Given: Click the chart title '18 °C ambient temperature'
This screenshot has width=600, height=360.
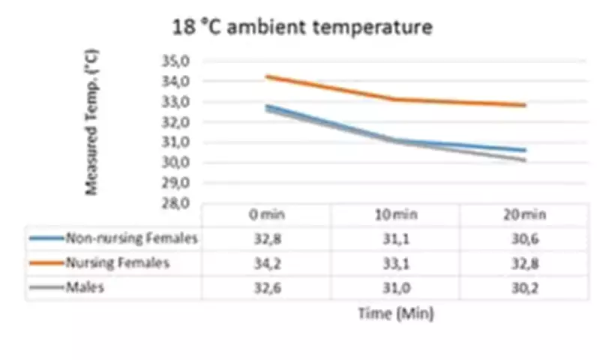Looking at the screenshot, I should coord(303,28).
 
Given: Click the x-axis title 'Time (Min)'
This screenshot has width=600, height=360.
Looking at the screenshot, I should coord(395,314).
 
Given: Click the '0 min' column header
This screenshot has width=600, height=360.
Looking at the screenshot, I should coord(267,214).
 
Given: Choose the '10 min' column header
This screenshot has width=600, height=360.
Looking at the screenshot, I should coord(395,214).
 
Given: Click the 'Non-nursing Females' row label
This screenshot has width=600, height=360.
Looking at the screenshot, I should coord(131,238).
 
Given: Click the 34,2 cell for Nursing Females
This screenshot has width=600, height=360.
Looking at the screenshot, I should coord(267,262).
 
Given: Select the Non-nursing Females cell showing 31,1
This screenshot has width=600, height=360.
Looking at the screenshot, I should coord(395,238).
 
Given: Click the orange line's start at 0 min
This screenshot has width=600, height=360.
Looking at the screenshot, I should coord(267,76).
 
